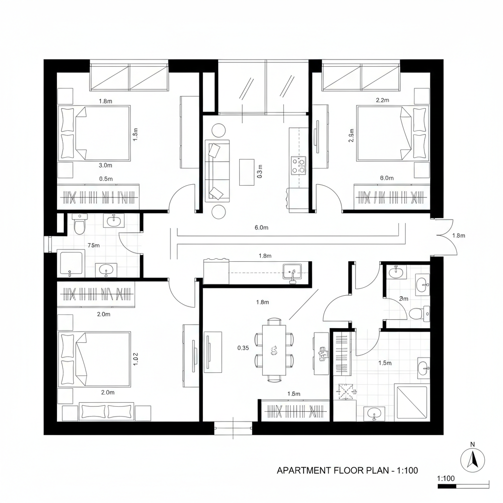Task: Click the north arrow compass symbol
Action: point(473,460)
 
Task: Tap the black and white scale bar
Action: point(463,486)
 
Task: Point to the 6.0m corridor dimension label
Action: point(261,227)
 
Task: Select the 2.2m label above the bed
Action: point(382,100)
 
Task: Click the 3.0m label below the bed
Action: point(106,166)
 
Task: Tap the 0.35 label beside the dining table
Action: point(243,348)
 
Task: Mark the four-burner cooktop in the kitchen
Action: point(298,165)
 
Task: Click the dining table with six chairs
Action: point(274,350)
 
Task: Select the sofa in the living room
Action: point(217,170)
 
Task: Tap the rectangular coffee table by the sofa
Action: point(247,172)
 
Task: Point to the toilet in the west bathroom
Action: point(79,225)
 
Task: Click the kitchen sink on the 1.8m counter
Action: point(292,272)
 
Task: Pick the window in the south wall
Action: point(233,428)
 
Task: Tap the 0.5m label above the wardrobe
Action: point(106,179)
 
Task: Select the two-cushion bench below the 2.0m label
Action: point(107,412)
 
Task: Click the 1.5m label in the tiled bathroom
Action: point(385,363)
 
